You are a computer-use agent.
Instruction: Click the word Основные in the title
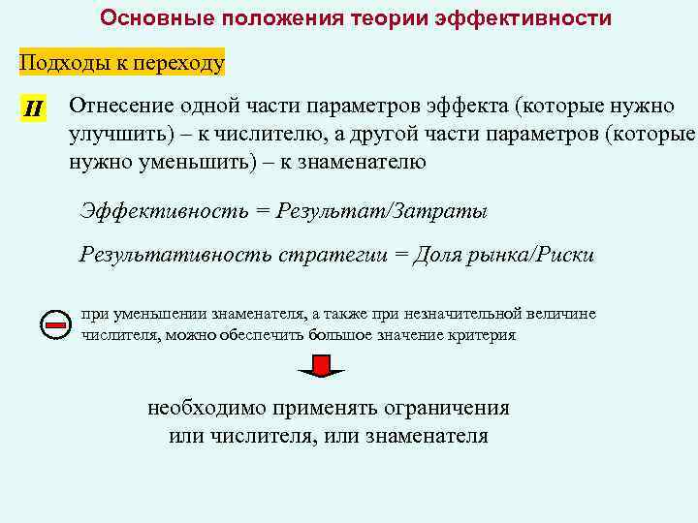(x=154, y=18)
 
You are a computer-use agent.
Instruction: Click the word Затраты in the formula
(x=446, y=211)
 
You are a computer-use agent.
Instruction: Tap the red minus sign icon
(x=57, y=324)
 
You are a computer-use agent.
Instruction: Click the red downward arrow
(x=320, y=366)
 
